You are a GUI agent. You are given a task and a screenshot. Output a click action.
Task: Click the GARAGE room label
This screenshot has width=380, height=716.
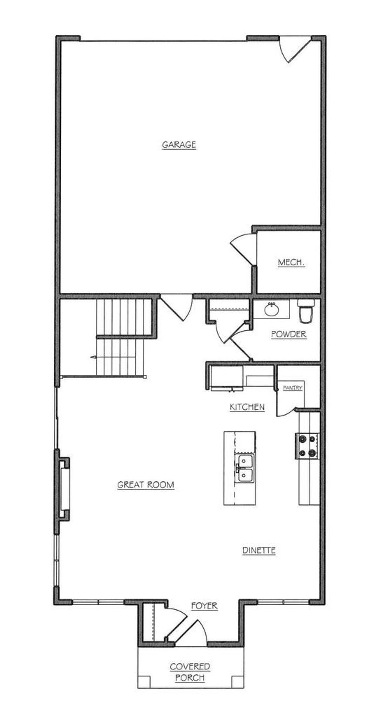tap(179, 145)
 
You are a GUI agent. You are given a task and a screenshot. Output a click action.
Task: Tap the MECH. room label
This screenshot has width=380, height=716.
tap(291, 263)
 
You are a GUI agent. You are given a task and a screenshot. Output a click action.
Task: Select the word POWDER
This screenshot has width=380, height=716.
tap(289, 334)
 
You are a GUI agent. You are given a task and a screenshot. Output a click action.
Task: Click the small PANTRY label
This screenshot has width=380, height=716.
tap(293, 388)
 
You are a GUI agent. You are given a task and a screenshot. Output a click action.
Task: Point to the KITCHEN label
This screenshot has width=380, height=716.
tap(247, 407)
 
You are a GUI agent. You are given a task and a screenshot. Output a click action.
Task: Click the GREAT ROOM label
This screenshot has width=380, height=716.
tap(145, 485)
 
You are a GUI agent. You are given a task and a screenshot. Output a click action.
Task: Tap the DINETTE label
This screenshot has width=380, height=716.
tap(259, 550)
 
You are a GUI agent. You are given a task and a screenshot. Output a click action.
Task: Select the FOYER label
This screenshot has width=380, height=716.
tap(204, 606)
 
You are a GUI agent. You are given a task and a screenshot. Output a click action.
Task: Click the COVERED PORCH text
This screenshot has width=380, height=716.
tap(190, 672)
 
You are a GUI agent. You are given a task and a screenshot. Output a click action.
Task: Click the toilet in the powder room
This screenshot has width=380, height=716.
tap(307, 311)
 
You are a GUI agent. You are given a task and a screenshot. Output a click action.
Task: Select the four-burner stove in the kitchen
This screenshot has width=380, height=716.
tap(307, 446)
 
